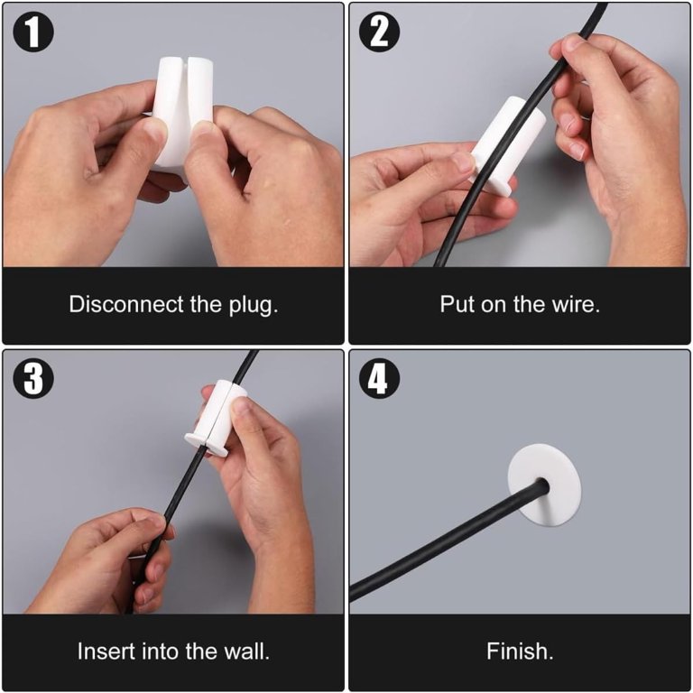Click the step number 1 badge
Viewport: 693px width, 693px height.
33,32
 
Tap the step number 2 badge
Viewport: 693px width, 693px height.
379,32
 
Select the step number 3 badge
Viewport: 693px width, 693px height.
33,379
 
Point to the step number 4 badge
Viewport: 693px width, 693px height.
379,379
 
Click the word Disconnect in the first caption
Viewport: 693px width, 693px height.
126,304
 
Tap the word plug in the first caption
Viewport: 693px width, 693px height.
254,306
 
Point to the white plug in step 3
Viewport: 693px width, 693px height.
217,418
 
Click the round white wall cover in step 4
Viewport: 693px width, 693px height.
544,485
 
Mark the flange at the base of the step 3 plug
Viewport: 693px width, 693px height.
207,444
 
